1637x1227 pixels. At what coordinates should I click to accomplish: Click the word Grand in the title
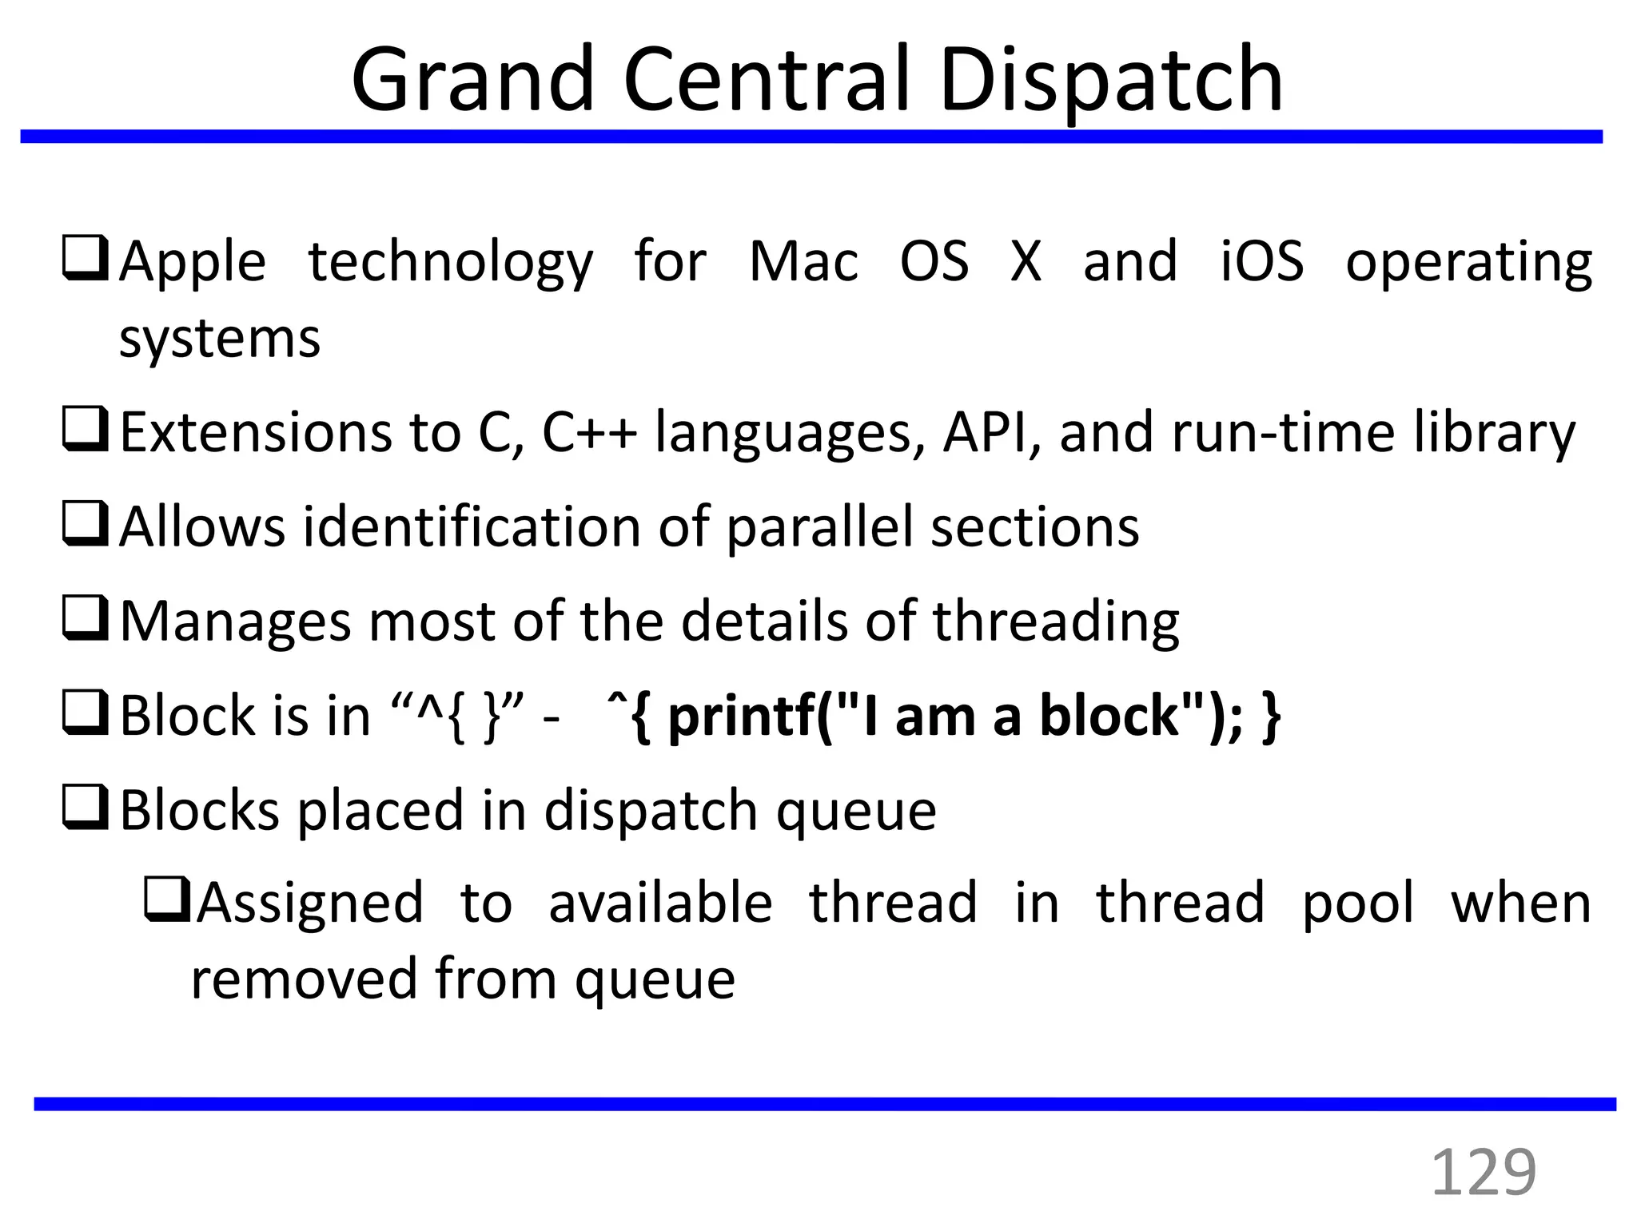coord(472,80)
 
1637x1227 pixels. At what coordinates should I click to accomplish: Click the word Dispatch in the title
coord(1111,80)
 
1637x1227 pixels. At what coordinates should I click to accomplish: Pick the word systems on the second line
coord(220,339)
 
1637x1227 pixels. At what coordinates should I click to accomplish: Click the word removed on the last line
coord(305,979)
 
